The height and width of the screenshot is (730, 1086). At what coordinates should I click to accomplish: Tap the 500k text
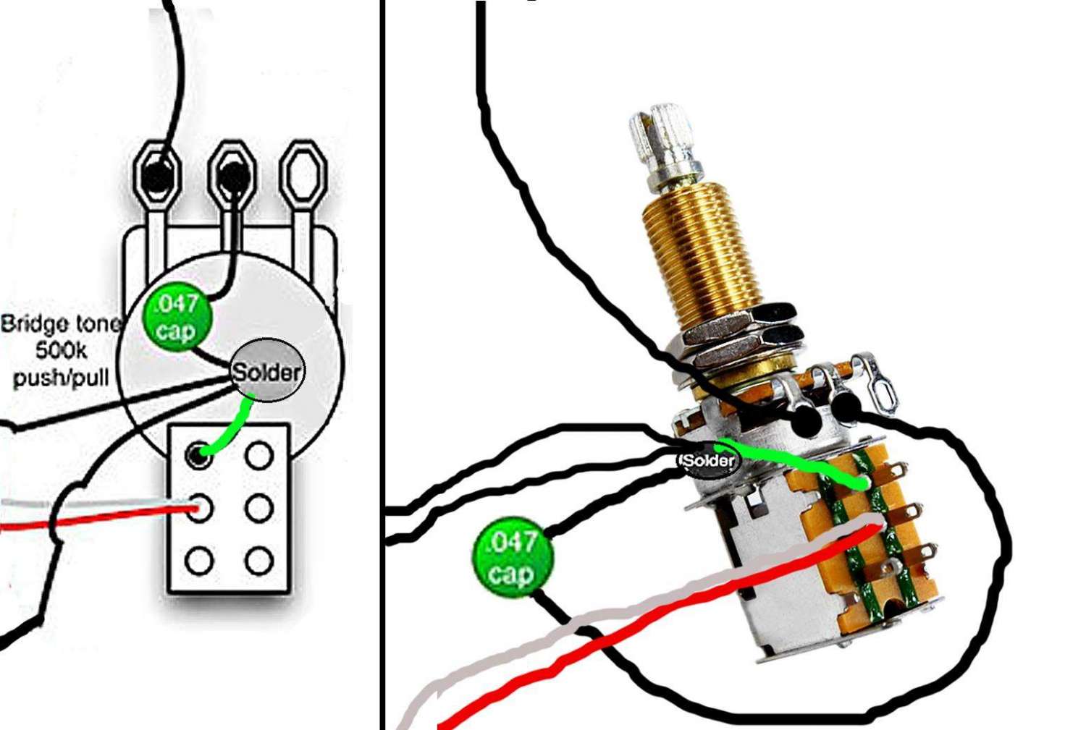click(x=61, y=352)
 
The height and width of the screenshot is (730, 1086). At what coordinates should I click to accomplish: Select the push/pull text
click(x=61, y=378)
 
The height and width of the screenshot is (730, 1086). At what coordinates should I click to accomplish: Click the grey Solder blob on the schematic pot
click(x=267, y=370)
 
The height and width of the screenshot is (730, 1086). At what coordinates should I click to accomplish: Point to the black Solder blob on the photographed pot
click(x=708, y=460)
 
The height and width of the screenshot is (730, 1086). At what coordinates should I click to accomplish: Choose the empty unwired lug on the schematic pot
click(x=303, y=175)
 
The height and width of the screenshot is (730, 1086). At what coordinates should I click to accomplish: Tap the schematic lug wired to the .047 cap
click(x=232, y=175)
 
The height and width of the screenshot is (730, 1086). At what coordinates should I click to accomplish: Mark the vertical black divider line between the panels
click(x=382, y=362)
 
